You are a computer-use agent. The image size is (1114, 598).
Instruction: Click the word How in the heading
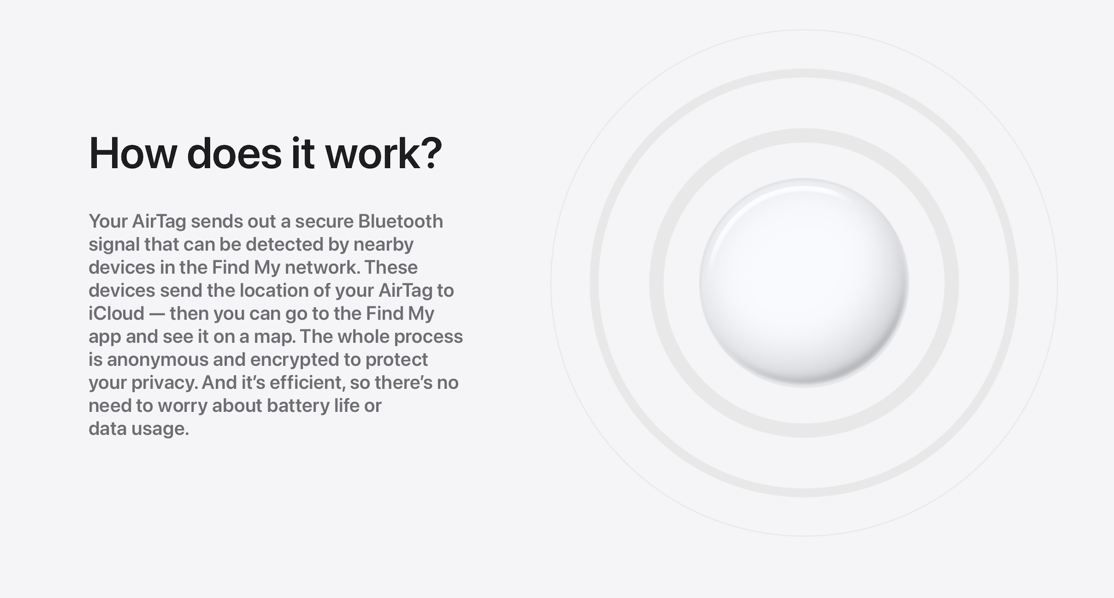coord(133,153)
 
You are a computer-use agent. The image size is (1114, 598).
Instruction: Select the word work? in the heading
coord(384,153)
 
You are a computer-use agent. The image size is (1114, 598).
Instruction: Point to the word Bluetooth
coord(401,221)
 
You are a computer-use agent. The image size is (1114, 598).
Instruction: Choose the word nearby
coord(384,245)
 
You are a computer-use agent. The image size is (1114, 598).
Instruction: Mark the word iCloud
coord(116,313)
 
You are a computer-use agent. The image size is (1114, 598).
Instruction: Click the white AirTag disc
coord(804,283)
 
